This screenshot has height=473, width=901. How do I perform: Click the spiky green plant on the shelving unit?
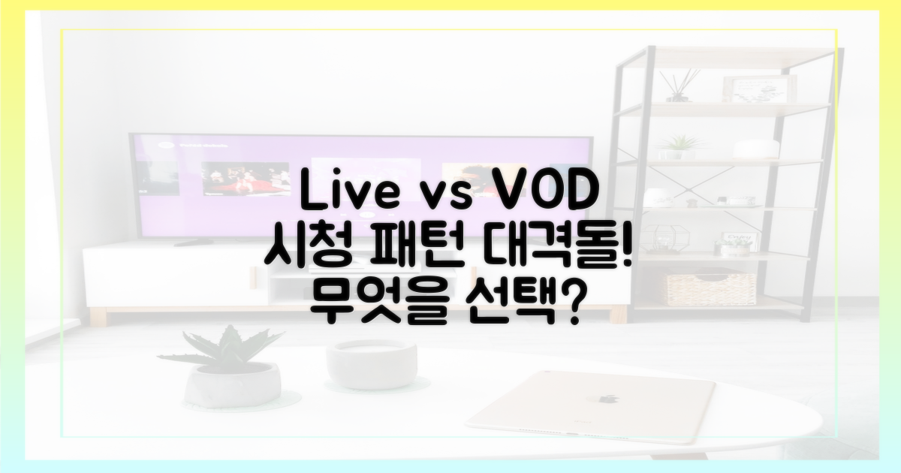679,146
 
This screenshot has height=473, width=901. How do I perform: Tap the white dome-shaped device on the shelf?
755,149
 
